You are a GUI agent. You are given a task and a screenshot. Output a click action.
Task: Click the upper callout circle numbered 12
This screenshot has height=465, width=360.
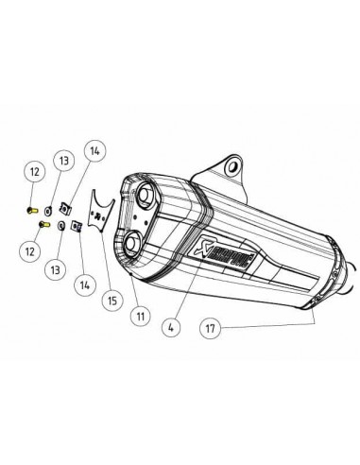[35, 172]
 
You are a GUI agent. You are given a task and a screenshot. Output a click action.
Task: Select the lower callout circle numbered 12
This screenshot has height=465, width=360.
[30, 251]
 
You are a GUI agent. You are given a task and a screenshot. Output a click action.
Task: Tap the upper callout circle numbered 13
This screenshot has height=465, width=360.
[64, 161]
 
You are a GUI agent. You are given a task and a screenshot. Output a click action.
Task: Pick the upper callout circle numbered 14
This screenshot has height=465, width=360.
[94, 151]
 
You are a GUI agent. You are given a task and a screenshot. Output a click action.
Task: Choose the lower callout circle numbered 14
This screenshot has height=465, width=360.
[85, 285]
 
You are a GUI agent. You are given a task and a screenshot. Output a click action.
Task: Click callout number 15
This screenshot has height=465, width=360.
[112, 301]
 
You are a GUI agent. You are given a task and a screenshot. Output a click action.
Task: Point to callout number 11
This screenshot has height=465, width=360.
[141, 316]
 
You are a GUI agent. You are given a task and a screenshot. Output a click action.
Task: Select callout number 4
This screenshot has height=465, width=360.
[171, 328]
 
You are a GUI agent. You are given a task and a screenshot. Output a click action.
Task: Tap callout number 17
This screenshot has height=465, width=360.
[211, 329]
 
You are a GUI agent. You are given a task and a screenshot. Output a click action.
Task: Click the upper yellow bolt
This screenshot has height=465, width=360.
[32, 210]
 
